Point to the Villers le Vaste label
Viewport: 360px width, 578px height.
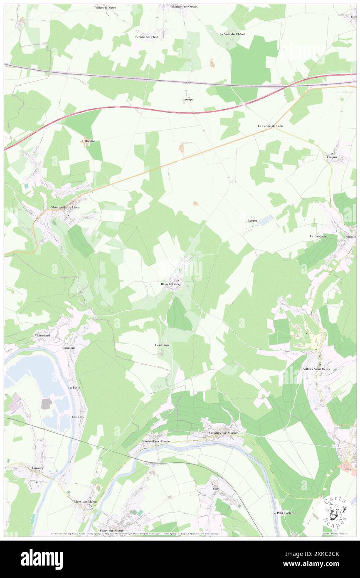point(105,8)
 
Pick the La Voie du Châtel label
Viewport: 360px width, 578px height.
point(232,34)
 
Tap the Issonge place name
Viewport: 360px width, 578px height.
point(187,99)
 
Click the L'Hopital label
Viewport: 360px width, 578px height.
point(88,141)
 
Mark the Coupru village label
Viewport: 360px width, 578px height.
point(331,156)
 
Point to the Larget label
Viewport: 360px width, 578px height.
point(252,221)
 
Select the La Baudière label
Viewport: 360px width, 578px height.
point(318,236)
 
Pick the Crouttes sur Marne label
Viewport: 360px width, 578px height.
point(224,433)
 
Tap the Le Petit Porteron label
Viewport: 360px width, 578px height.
point(284,513)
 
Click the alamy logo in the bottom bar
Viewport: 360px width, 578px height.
point(42,558)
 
